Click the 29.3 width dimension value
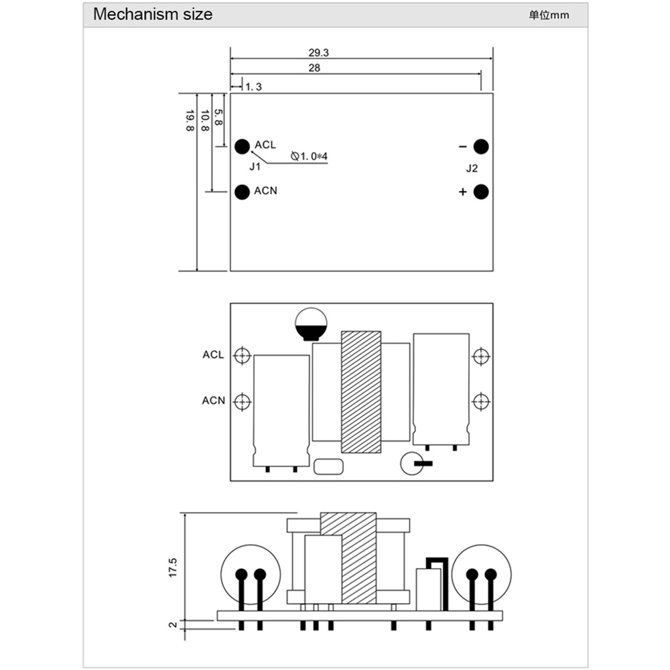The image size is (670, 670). (x=319, y=52)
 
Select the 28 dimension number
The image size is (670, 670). (x=314, y=68)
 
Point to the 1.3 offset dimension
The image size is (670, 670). (x=253, y=86)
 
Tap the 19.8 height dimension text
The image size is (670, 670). (x=190, y=121)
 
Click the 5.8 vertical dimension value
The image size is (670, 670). (x=218, y=117)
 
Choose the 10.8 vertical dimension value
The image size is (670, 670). (x=204, y=121)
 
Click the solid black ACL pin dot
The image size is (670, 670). (x=243, y=147)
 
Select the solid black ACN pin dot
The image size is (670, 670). (x=243, y=192)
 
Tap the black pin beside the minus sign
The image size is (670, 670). (x=481, y=147)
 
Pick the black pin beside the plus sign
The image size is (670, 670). (x=481, y=192)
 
